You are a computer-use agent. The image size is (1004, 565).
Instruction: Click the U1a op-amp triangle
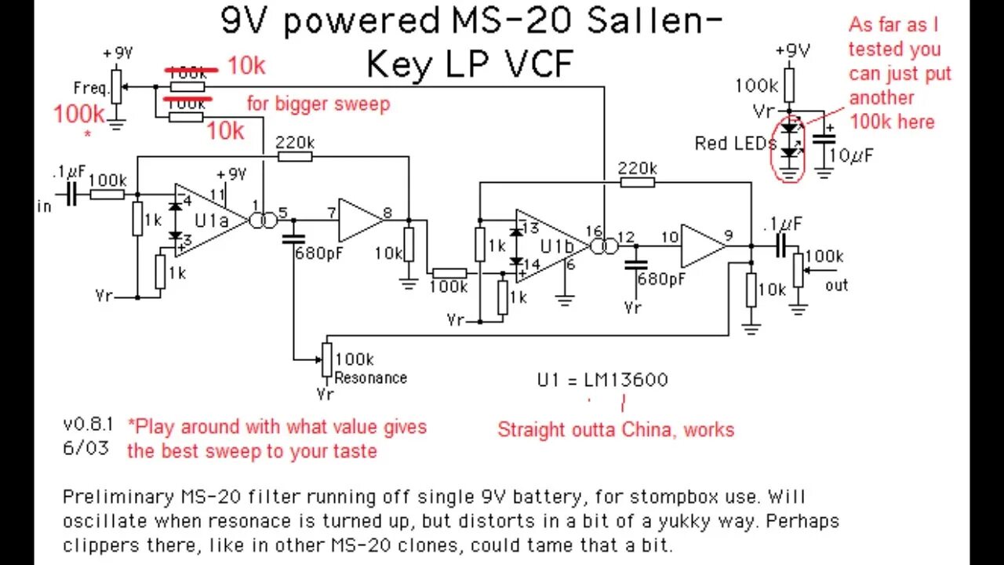209,221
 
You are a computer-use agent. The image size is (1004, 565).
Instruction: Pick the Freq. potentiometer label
90,87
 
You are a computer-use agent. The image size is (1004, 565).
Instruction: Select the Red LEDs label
735,144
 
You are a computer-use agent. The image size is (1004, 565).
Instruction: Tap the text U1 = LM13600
602,381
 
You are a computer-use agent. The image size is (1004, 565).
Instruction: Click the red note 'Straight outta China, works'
616,429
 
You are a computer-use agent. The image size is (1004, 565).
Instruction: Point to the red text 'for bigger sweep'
318,104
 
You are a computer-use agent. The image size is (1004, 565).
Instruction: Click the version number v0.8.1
88,424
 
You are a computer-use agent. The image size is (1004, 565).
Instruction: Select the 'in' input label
44,206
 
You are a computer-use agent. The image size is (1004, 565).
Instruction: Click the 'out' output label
836,285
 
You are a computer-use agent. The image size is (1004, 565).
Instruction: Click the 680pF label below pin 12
660,279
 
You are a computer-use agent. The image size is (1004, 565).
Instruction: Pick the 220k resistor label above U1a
296,143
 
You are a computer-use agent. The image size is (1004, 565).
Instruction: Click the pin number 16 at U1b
594,231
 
